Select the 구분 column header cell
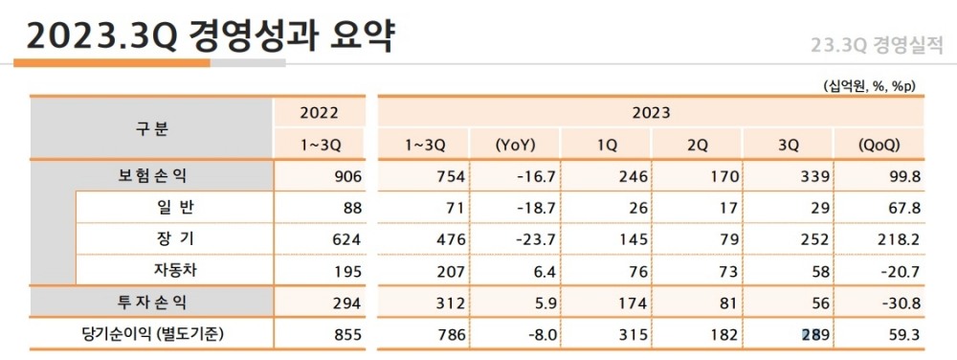point(151,129)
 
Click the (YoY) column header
point(514,146)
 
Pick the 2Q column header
point(698,146)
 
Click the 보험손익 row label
point(151,176)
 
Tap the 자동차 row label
point(174,270)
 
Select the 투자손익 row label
point(151,303)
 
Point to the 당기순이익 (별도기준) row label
point(151,335)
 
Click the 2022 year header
point(320,113)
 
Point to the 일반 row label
point(174,208)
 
